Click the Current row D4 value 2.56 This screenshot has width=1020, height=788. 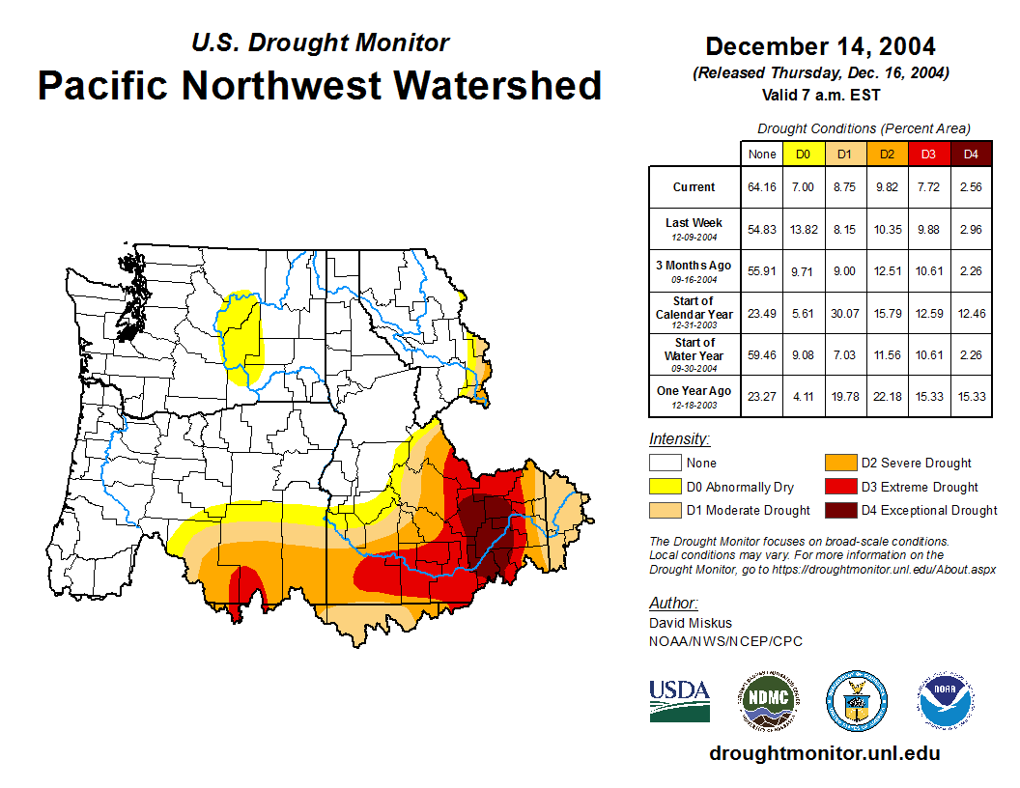pos(971,187)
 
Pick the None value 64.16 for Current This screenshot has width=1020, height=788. pos(762,187)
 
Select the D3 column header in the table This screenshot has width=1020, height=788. pos(928,154)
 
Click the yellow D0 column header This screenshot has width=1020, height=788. pos(804,154)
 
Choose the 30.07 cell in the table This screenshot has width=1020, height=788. pos(845,313)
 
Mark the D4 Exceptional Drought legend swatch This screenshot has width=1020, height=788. pos(838,510)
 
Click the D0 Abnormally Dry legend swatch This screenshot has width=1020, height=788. pos(665,487)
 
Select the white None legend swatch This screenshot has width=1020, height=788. pos(665,464)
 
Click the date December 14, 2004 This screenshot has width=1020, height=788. pos(820,46)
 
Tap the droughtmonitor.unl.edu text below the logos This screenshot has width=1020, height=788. pos(824,753)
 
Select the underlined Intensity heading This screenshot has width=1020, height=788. pos(679,439)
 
